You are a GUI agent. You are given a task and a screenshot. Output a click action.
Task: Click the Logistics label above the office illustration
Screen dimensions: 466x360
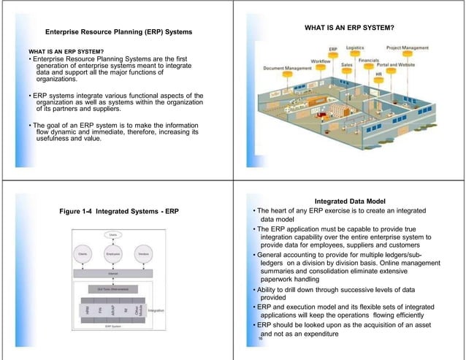click(x=355, y=47)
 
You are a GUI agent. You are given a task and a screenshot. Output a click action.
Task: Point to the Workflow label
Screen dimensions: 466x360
click(x=323, y=59)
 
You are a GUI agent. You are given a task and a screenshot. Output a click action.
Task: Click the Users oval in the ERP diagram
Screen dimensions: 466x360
click(x=114, y=234)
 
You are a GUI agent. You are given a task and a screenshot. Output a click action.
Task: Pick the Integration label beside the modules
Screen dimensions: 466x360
click(x=156, y=311)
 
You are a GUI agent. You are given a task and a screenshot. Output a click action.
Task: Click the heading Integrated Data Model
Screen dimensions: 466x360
click(x=350, y=202)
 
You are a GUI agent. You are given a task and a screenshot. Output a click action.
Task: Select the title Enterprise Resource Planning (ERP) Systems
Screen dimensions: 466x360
click(x=118, y=33)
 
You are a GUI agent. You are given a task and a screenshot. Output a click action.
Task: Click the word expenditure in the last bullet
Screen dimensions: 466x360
click(x=309, y=334)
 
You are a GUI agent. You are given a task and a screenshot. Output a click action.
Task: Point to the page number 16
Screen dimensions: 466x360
click(x=259, y=340)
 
